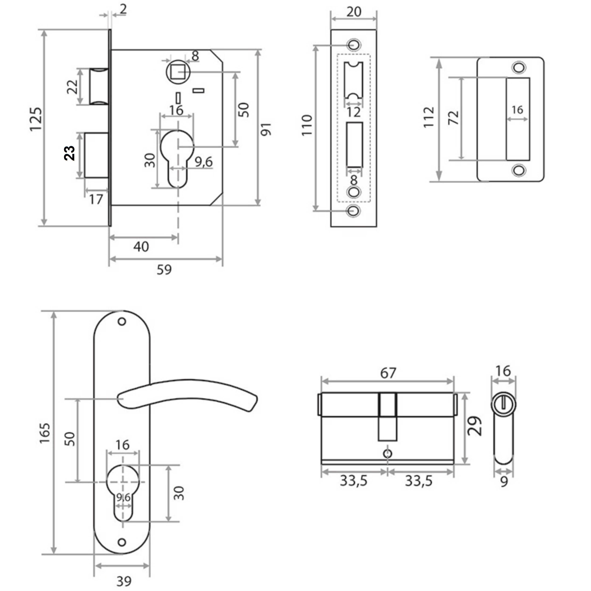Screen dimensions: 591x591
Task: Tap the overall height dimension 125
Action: point(35,119)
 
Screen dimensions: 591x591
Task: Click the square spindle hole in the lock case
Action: point(178,72)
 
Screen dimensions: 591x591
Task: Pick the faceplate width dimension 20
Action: point(354,12)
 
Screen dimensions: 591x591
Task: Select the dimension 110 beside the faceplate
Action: point(307,126)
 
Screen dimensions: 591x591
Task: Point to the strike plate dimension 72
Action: point(453,118)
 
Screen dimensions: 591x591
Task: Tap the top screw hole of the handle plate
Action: point(122,322)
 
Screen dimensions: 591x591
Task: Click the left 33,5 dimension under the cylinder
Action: point(354,481)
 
